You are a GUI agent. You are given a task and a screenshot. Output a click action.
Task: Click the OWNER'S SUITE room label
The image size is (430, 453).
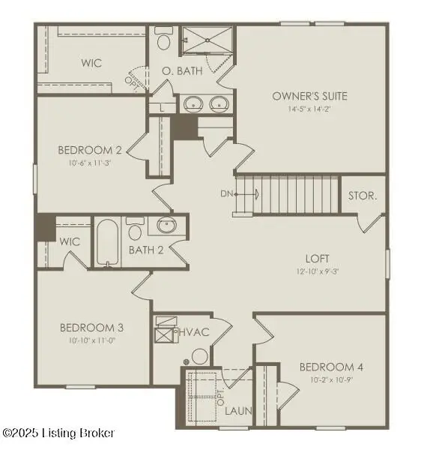click(x=309, y=96)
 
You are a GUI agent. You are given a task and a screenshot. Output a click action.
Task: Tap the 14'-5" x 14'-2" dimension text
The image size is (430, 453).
click(x=309, y=108)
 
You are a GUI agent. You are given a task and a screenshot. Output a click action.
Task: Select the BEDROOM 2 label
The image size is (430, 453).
click(x=89, y=150)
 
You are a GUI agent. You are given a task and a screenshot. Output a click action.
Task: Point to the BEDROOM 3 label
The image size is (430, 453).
click(x=91, y=327)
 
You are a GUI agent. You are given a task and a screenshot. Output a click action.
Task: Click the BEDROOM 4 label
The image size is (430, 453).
click(x=331, y=367)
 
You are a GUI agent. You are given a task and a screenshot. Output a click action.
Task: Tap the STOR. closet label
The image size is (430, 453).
click(x=363, y=196)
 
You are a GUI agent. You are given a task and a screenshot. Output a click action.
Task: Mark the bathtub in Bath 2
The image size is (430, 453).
click(x=109, y=242)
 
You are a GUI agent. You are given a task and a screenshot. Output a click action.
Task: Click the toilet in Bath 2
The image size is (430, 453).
click(x=135, y=226)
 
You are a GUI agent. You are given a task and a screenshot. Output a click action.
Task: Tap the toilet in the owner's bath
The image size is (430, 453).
click(x=163, y=39)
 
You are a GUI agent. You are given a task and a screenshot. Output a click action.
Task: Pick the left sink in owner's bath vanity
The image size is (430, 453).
click(x=193, y=103)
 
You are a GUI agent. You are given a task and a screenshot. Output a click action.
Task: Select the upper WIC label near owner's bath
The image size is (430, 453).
click(x=91, y=64)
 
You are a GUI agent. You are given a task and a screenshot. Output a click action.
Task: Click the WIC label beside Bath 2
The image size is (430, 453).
click(x=70, y=241)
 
